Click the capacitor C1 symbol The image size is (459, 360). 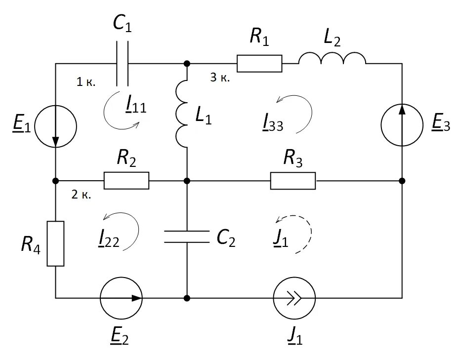coord(123,64)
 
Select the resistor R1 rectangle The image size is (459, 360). coord(259,64)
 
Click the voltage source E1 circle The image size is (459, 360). coord(56,126)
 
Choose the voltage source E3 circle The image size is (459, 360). coord(402,125)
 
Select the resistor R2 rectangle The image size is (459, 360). coord(126,181)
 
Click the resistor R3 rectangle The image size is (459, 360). coord(292,181)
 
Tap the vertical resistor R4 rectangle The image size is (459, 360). coord(56,243)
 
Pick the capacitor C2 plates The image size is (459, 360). coord(187,237)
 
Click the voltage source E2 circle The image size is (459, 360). coord(121,298)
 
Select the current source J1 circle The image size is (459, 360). coord(294,298)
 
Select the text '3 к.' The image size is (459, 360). coord(220,78)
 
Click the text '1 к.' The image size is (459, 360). coord(86,82)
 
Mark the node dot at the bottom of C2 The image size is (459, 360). coord(187,298)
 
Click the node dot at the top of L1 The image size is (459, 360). coord(187,64)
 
